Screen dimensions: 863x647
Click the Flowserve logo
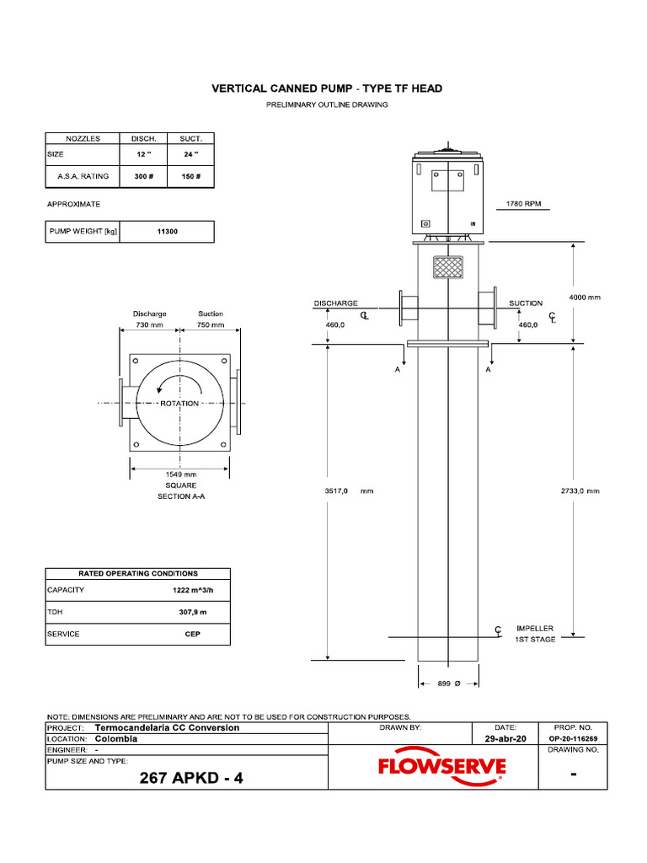coord(441,767)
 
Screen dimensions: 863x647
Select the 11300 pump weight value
coord(167,232)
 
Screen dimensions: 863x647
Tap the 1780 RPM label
coord(523,204)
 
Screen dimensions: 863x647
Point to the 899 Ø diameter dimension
coord(448,684)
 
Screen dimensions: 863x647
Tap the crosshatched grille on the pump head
coord(448,266)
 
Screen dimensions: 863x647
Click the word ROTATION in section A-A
coord(179,404)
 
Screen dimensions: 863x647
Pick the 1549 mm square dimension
coord(180,474)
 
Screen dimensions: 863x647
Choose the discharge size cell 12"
coord(143,154)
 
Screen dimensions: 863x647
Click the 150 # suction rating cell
coord(191,176)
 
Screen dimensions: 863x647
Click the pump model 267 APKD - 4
coord(191,778)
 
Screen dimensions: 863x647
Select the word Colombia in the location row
coord(116,738)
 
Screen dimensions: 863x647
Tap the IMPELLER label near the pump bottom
coord(535,628)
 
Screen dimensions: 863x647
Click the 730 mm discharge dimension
coord(149,324)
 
